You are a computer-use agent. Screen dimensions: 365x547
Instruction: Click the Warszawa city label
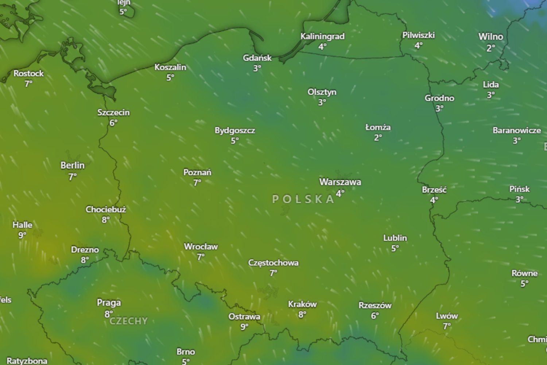[340, 182]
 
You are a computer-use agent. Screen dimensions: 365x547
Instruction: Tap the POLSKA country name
[303, 199]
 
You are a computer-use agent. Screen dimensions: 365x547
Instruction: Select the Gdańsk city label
[257, 58]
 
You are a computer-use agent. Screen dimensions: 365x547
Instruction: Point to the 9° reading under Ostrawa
[244, 327]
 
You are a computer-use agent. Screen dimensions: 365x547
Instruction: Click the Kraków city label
[302, 304]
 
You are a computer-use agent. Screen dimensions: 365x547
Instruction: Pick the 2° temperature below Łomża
[378, 138]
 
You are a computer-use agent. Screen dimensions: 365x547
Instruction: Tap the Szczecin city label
[113, 112]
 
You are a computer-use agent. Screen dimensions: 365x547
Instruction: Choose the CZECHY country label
[129, 321]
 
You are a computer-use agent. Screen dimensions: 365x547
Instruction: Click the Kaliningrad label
[322, 36]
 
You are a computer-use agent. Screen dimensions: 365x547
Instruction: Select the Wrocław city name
[201, 247]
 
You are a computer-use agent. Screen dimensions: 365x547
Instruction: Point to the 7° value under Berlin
[73, 177]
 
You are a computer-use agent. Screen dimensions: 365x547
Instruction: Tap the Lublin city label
[395, 238]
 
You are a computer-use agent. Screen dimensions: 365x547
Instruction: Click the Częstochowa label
[273, 263]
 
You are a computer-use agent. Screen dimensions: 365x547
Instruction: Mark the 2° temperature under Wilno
[491, 48]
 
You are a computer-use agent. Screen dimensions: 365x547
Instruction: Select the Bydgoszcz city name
[234, 130]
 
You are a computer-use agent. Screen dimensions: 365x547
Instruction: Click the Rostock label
[28, 73]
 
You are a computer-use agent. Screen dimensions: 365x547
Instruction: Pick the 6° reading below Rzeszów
[375, 316]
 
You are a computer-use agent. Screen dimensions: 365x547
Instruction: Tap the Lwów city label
[447, 316]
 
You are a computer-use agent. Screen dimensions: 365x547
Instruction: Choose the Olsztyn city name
[322, 92]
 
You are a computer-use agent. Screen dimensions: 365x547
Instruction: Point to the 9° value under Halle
[22, 235]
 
